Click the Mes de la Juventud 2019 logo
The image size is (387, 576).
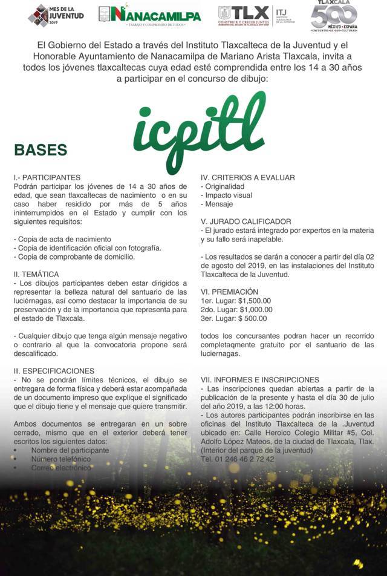(56, 15)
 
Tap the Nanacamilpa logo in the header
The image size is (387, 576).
(149, 15)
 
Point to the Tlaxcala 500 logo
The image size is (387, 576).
(334, 16)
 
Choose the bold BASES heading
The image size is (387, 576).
(41, 149)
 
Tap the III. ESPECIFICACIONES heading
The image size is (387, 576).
(54, 371)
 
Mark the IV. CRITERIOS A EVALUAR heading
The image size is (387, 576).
(248, 178)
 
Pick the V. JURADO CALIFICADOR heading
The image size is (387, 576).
(246, 221)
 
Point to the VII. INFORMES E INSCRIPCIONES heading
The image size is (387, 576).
(260, 379)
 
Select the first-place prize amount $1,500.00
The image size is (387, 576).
(255, 301)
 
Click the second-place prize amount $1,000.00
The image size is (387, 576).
(255, 310)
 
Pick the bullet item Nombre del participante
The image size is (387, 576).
(70, 450)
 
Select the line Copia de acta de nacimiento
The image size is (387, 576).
(62, 239)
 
